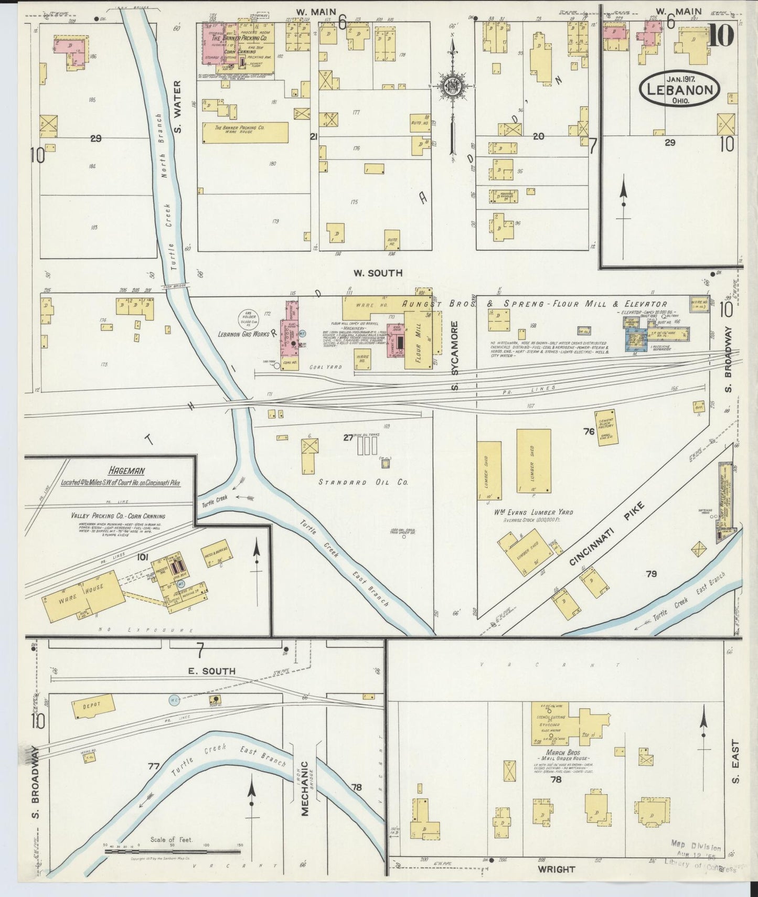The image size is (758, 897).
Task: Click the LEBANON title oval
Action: (x=680, y=90)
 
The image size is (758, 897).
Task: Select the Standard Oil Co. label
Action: (x=364, y=482)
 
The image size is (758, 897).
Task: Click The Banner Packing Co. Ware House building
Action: (x=245, y=132)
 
